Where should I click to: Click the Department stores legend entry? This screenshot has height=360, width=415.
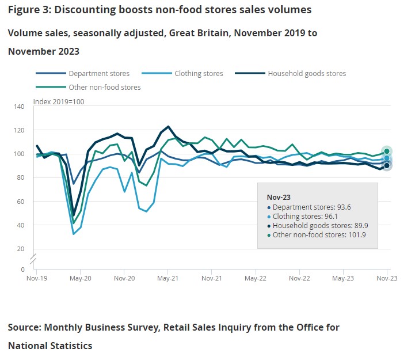click(x=98, y=74)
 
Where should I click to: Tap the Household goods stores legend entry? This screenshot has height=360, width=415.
click(x=307, y=74)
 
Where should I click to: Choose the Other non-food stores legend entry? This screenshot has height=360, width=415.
click(x=104, y=88)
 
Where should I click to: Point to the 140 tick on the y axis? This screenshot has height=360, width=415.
click(x=21, y=107)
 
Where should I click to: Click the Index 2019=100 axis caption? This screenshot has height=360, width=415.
click(x=59, y=101)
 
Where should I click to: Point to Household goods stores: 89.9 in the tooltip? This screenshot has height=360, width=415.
click(x=312, y=225)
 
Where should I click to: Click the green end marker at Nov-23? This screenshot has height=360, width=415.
click(x=387, y=151)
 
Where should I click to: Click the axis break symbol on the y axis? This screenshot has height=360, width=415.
click(x=33, y=257)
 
